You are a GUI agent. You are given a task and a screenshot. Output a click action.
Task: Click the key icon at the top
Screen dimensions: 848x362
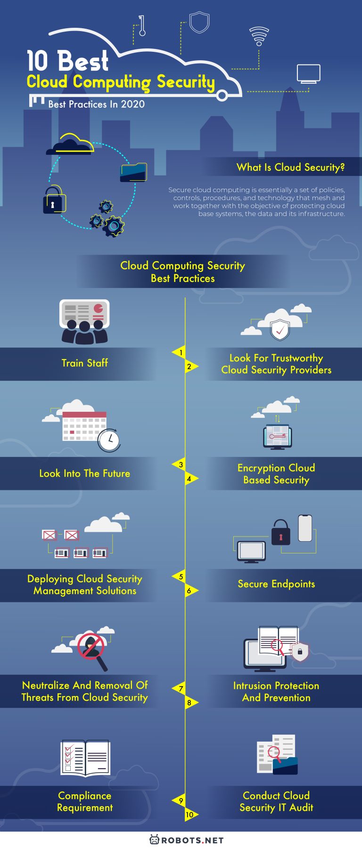point(141,26)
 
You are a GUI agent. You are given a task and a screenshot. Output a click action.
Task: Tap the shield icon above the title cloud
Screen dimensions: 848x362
point(199,22)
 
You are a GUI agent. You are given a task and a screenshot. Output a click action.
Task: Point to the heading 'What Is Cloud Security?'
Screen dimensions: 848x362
point(290,167)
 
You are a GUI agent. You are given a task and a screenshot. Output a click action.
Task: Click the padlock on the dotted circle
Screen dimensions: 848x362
point(53,200)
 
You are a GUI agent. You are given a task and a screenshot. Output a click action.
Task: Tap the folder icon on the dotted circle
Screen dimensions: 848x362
point(134,172)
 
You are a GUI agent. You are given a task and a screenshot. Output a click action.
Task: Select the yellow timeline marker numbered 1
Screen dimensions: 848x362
point(180,352)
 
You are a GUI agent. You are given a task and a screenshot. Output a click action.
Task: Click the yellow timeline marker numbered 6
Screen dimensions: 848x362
point(190,591)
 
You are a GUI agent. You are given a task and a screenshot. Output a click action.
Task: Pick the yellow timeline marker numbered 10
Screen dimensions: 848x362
point(190,815)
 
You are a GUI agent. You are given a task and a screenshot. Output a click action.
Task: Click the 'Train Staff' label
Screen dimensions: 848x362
point(85,363)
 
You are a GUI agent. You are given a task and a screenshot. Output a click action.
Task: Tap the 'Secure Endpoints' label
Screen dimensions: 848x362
point(276,584)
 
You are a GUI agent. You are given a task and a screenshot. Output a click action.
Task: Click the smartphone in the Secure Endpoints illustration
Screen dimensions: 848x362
point(305,528)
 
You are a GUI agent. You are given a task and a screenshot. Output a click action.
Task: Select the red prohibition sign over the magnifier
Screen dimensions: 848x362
point(90,646)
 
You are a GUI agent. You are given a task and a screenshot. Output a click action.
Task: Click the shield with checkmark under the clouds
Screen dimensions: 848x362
point(280,330)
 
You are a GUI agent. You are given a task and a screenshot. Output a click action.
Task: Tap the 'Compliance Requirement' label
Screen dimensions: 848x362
point(85,801)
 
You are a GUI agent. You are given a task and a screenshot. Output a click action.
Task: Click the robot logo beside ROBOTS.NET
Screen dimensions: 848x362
point(154,840)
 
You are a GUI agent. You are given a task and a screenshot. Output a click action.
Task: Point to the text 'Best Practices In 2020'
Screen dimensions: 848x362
point(96,104)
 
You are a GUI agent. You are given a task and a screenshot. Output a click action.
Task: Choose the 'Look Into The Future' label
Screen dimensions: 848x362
point(85,473)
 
